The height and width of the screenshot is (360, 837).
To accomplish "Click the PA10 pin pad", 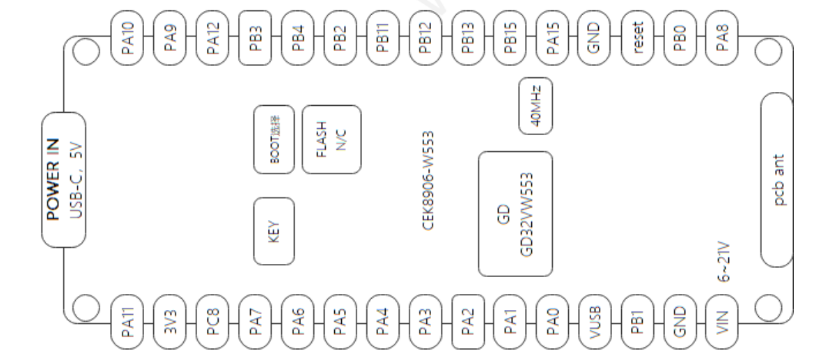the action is (x=127, y=38).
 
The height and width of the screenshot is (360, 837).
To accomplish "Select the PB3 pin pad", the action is (x=256, y=38).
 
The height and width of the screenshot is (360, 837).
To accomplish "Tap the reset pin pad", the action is (x=638, y=38).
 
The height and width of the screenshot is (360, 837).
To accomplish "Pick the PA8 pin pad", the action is (x=722, y=38).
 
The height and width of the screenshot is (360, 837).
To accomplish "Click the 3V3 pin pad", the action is (x=170, y=322).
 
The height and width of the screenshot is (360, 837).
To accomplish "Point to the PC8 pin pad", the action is (x=212, y=322).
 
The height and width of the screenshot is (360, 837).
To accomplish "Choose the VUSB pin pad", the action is (x=595, y=322).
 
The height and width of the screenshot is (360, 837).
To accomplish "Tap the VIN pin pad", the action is (x=722, y=322).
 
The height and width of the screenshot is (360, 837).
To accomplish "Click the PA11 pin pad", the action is (x=127, y=322).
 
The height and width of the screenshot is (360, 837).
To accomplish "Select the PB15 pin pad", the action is (x=510, y=38).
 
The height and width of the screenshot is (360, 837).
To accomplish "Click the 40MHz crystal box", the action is (x=535, y=106).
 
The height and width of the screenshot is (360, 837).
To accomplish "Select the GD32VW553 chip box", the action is (x=516, y=214).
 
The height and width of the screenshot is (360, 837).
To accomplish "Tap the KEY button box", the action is (x=274, y=231).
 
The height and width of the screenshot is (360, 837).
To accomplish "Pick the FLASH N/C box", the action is (x=332, y=139).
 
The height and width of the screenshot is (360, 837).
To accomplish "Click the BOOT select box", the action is (x=274, y=139).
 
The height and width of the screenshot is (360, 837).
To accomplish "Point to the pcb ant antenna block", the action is (x=777, y=180).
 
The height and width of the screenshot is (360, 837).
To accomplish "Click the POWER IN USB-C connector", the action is (x=64, y=180).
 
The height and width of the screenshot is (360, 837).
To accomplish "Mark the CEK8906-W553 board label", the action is (x=428, y=180).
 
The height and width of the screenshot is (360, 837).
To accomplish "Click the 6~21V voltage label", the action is (x=723, y=261).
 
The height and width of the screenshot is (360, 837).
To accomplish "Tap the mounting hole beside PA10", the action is (x=86, y=52).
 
